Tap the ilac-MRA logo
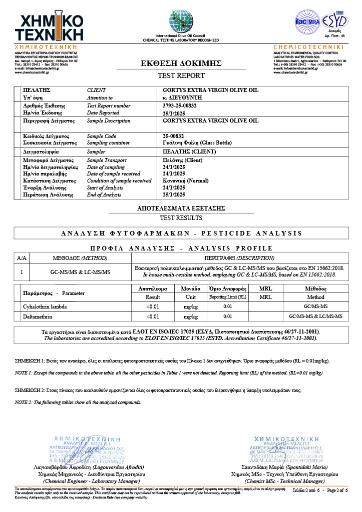307,21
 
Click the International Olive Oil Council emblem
181,21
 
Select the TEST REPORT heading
181,75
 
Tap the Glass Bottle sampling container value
197,142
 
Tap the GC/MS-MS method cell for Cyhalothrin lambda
315,305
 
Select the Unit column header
190,297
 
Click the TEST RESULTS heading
181,217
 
